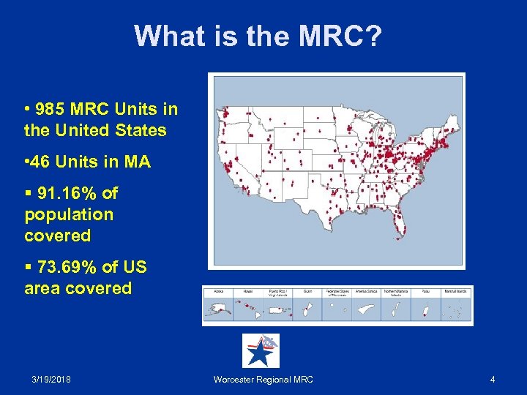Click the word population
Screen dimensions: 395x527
pyautogui.click(x=69, y=215)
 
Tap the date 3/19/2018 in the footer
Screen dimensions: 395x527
pyautogui.click(x=51, y=379)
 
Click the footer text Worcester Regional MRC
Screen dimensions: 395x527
pyautogui.click(x=263, y=379)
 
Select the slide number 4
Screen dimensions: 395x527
pyautogui.click(x=493, y=379)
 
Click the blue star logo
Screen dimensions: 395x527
pyautogui.click(x=260, y=351)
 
